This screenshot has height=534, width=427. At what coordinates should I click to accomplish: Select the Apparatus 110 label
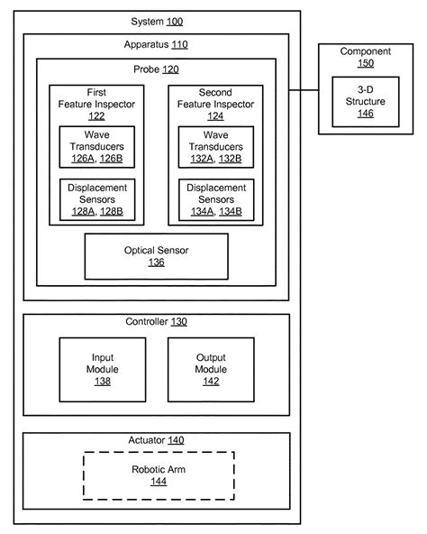pyautogui.click(x=156, y=43)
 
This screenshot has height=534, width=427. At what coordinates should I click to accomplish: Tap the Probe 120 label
pyautogui.click(x=156, y=68)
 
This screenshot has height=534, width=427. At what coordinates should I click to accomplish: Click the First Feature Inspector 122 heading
pyautogui.click(x=95, y=103)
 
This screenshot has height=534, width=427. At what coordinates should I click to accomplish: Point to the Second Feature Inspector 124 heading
pyautogui.click(x=215, y=103)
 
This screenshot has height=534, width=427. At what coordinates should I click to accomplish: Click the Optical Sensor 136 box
pyautogui.click(x=156, y=256)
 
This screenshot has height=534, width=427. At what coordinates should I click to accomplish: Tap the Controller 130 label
pyautogui.click(x=156, y=322)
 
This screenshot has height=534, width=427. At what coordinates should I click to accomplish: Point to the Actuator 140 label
pyautogui.click(x=156, y=440)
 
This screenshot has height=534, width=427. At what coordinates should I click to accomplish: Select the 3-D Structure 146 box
pyautogui.click(x=365, y=101)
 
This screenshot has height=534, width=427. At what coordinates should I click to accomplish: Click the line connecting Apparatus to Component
pyautogui.click(x=305, y=90)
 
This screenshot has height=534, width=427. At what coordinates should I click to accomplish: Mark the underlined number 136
pyautogui.click(x=157, y=262)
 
